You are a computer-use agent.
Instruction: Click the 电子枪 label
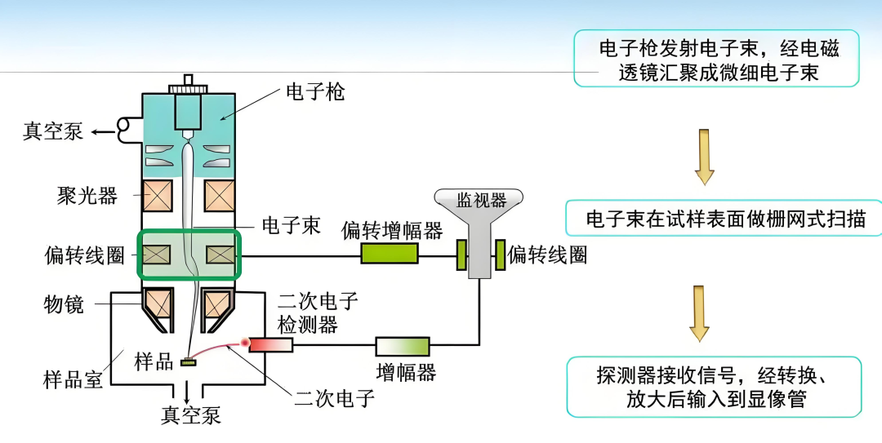click(314, 91)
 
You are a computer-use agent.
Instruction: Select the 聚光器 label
click(87, 196)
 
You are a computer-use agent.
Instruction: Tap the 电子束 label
click(290, 225)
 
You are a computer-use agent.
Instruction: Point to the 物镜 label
click(63, 304)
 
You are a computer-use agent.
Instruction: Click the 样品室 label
click(73, 379)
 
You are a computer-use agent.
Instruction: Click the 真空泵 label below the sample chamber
click(190, 415)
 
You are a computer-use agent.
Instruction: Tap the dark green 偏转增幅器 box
click(390, 255)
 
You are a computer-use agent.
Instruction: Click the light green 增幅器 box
click(402, 346)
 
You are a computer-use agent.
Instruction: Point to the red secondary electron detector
click(270, 345)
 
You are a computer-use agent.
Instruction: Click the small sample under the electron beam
click(191, 361)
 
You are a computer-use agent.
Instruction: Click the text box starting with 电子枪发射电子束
click(716, 59)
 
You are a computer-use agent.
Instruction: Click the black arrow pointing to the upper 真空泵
click(103, 132)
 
